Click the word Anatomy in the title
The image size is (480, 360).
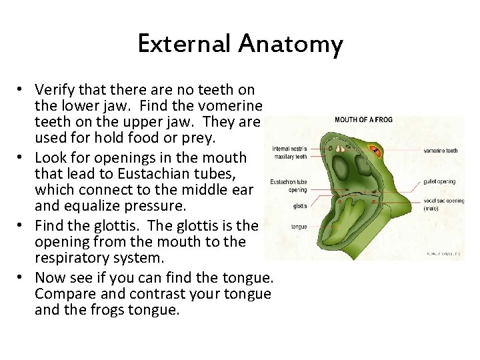tap(291, 45)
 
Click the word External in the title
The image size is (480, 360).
tap(185, 45)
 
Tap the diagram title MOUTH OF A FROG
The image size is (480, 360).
tap(363, 120)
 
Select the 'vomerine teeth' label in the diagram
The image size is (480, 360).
tap(441, 151)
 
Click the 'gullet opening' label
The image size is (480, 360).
tap(439, 181)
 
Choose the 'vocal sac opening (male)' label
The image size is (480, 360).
tap(443, 204)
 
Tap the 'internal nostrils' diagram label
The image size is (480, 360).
tap(289, 149)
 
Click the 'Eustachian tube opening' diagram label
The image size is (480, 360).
tap(288, 185)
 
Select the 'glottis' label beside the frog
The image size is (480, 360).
tap(299, 206)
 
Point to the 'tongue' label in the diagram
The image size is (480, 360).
tap(299, 227)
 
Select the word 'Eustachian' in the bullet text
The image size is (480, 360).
tap(134, 173)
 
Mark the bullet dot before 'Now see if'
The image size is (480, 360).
tap(21, 277)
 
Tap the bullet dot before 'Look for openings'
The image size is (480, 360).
tap(21, 158)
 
